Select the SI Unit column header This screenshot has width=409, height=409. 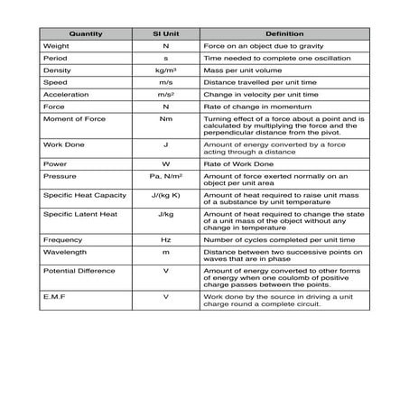coord(165,34)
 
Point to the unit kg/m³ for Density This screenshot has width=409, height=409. coord(165,70)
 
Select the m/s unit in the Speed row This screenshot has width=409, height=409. coord(165,82)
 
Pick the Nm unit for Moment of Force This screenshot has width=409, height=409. coord(165,118)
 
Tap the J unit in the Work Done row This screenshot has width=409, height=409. coord(165,143)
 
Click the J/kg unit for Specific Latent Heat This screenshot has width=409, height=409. coord(165,214)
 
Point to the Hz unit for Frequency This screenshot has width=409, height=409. coord(165,240)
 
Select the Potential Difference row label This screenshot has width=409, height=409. coord(79,271)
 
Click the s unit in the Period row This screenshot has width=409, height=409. coord(165,58)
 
